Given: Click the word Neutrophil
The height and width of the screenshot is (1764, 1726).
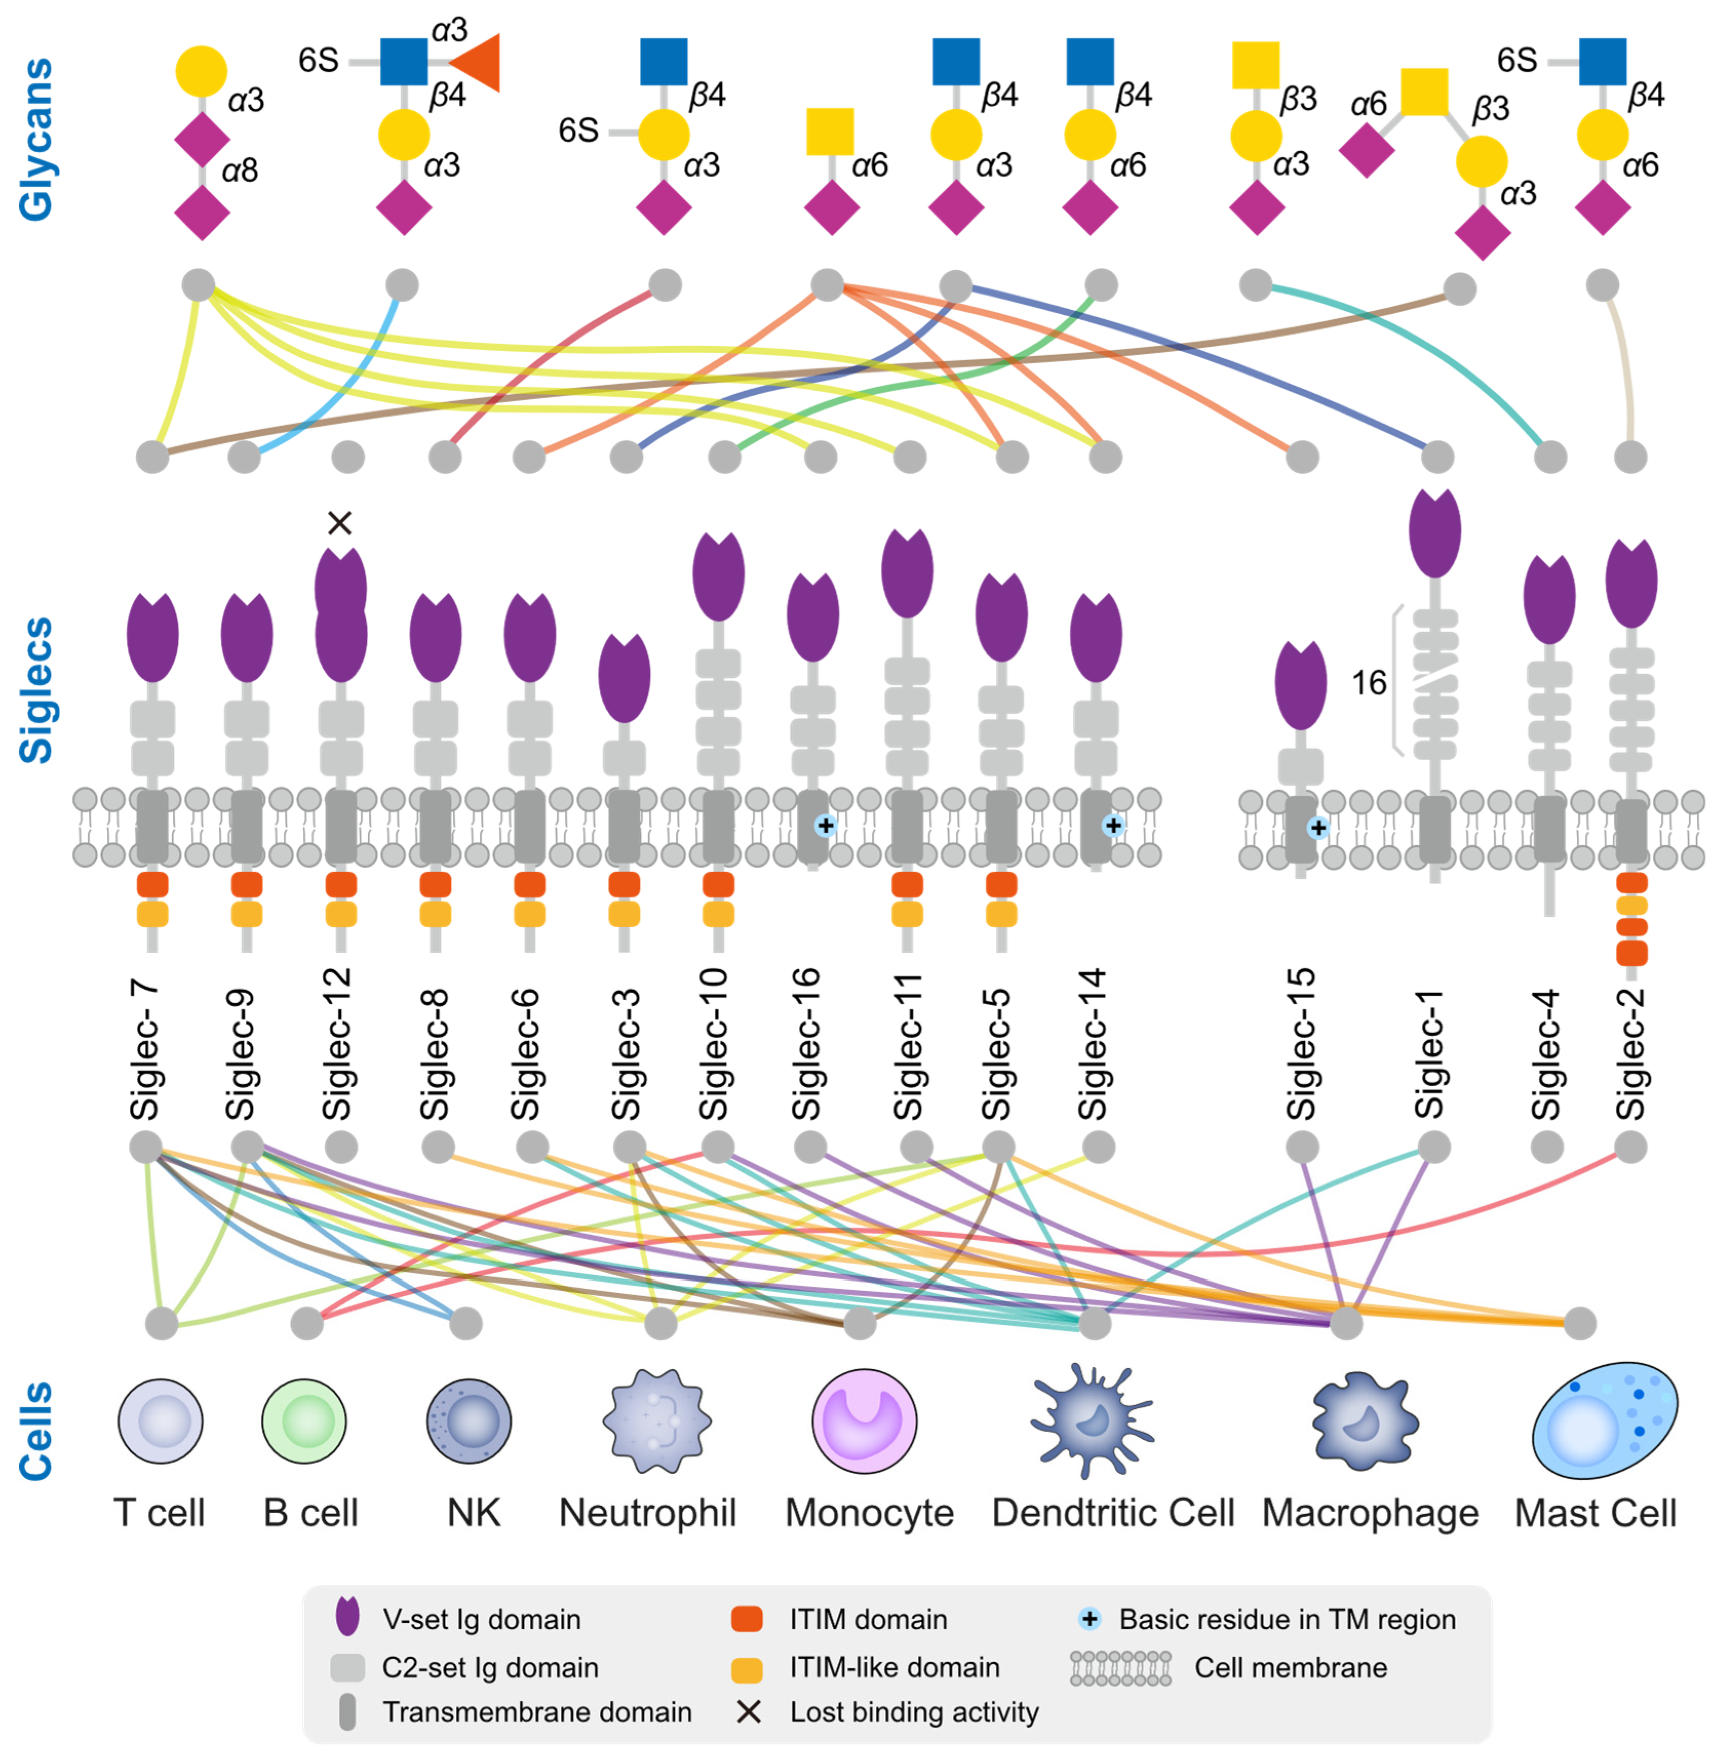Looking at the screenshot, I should (x=648, y=1513).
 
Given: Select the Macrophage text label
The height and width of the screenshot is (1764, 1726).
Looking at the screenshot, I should (x=1370, y=1513).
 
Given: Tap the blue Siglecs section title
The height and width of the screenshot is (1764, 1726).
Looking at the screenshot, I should (x=36, y=690).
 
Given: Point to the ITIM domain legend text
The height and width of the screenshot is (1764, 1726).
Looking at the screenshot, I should (x=868, y=1619).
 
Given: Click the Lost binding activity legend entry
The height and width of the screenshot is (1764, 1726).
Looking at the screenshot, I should (x=913, y=1712).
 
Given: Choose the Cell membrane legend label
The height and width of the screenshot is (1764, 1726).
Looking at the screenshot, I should (x=1290, y=1667).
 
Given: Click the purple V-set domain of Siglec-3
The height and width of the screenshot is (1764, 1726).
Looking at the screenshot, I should (x=624, y=678).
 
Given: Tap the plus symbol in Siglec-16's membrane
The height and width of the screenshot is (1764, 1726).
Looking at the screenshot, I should (x=825, y=825).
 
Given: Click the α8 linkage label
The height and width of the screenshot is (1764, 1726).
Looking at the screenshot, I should (x=240, y=169).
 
